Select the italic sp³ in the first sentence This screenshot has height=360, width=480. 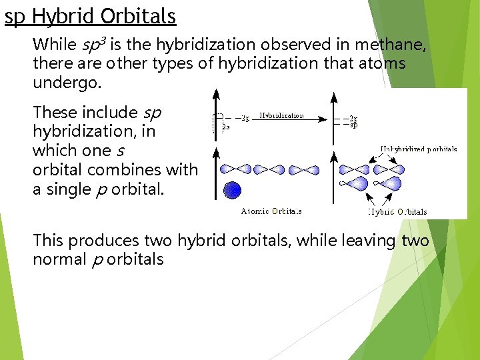pyautogui.click(x=93, y=45)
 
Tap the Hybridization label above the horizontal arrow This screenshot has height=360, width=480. pyautogui.click(x=281, y=115)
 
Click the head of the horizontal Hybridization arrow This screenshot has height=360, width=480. pyautogui.click(x=325, y=119)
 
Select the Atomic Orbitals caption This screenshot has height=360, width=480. pyautogui.click(x=271, y=211)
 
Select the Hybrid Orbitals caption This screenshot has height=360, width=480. pyautogui.click(x=398, y=211)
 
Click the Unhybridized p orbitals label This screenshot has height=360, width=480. pyautogui.click(x=419, y=149)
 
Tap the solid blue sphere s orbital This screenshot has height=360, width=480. pyautogui.click(x=232, y=190)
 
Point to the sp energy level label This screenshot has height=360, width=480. pyautogui.click(x=354, y=124)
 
